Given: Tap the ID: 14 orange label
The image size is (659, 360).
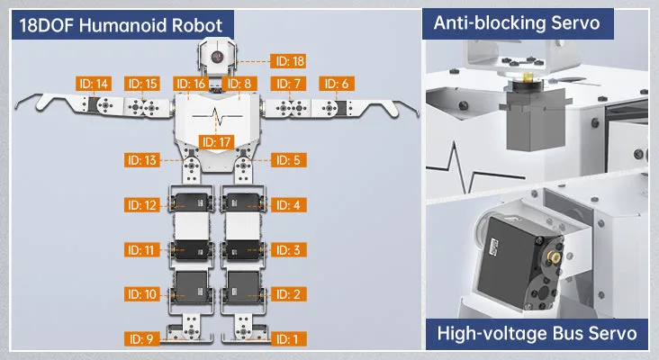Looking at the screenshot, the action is tap(94, 84).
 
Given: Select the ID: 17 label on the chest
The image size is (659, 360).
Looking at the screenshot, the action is tap(216, 142).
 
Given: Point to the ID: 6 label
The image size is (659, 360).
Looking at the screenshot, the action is tap(336, 84).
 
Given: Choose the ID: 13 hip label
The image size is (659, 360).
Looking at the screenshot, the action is tap(141, 160).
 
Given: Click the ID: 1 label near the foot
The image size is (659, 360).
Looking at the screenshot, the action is tap(288, 339).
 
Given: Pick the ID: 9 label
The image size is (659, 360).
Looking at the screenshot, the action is tap(141, 339).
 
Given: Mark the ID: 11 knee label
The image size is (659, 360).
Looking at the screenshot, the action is tap(141, 250).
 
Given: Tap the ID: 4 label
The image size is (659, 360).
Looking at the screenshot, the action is tap(288, 205).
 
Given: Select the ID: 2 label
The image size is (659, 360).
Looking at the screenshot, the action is tap(288, 294).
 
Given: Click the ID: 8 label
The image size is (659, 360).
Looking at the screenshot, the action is tap(239, 84).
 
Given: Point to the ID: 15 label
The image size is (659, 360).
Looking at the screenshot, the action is tap(142, 84).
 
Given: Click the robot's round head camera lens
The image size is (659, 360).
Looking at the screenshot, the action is tap(217, 57).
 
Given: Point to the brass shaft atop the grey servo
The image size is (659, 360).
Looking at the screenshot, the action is tap(528, 77).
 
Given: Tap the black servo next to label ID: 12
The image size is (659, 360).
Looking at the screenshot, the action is tap(192, 202).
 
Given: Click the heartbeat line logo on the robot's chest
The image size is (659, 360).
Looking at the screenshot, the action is tap(217, 116).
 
